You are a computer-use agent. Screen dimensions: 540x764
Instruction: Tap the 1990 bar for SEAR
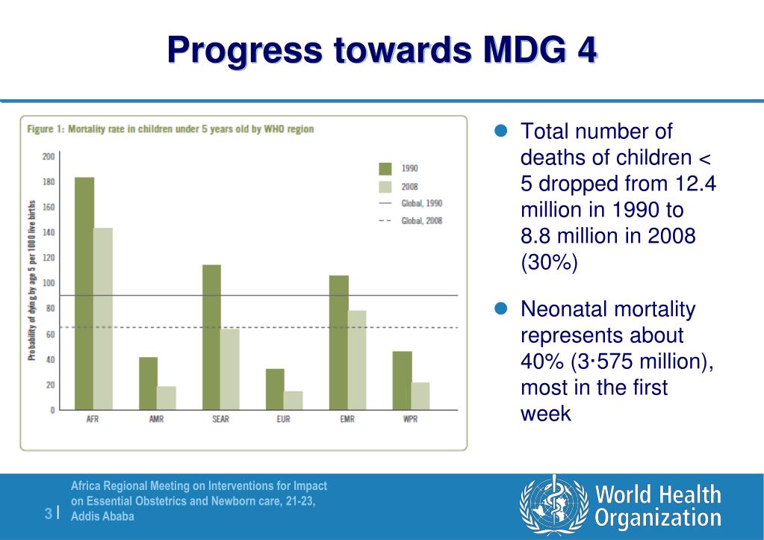tap(211, 337)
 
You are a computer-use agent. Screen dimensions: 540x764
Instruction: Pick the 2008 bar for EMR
tap(357, 360)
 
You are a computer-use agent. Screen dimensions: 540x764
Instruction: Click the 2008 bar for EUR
tap(294, 400)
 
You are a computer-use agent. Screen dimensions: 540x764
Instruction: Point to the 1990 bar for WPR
tap(402, 380)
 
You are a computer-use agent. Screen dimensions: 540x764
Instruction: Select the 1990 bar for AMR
tap(148, 383)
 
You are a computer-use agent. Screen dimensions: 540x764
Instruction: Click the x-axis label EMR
tap(347, 420)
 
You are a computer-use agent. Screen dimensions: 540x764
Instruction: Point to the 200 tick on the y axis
tap(49, 156)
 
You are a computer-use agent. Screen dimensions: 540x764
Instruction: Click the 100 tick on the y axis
tap(49, 283)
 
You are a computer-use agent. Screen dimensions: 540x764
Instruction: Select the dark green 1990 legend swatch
tap(385, 168)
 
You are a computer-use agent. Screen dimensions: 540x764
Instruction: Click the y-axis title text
tap(32, 280)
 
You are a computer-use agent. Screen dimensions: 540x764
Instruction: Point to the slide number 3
tap(48, 512)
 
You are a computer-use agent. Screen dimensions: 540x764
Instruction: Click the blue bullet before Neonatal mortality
tap(503, 308)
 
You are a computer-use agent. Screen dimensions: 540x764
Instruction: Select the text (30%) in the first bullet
tap(549, 263)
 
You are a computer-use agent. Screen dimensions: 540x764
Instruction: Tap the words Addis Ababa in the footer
tap(104, 516)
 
